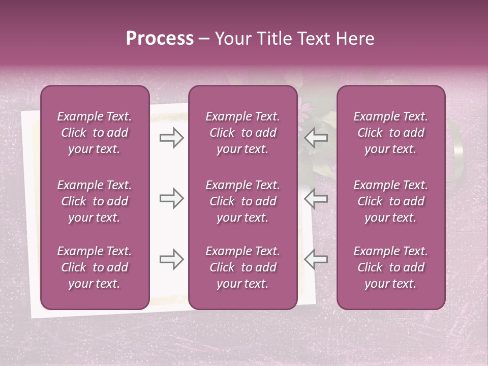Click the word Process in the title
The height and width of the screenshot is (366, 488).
pyautogui.click(x=160, y=39)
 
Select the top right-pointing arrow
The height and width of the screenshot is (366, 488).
pyautogui.click(x=171, y=138)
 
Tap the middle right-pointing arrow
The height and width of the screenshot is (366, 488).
pyautogui.click(x=171, y=198)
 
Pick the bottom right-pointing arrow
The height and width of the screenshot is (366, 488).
pyautogui.click(x=171, y=259)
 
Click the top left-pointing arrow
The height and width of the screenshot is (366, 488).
pyautogui.click(x=316, y=138)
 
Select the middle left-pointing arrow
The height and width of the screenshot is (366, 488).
pyautogui.click(x=316, y=198)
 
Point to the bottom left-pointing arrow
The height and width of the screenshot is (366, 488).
pyautogui.click(x=316, y=259)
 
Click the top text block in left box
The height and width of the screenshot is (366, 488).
pyautogui.click(x=95, y=133)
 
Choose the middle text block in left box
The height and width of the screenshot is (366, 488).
pyautogui.click(x=95, y=201)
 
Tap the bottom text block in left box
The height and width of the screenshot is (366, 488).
pyautogui.click(x=95, y=267)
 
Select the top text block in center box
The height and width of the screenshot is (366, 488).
pyautogui.click(x=242, y=133)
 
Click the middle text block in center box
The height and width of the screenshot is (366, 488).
pyautogui.click(x=242, y=201)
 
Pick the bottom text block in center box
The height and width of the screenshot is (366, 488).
pyautogui.click(x=242, y=267)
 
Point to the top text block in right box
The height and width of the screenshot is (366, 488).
pyautogui.click(x=390, y=133)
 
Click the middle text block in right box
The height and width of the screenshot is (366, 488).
pyautogui.click(x=390, y=201)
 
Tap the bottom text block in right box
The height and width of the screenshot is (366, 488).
pyautogui.click(x=390, y=267)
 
